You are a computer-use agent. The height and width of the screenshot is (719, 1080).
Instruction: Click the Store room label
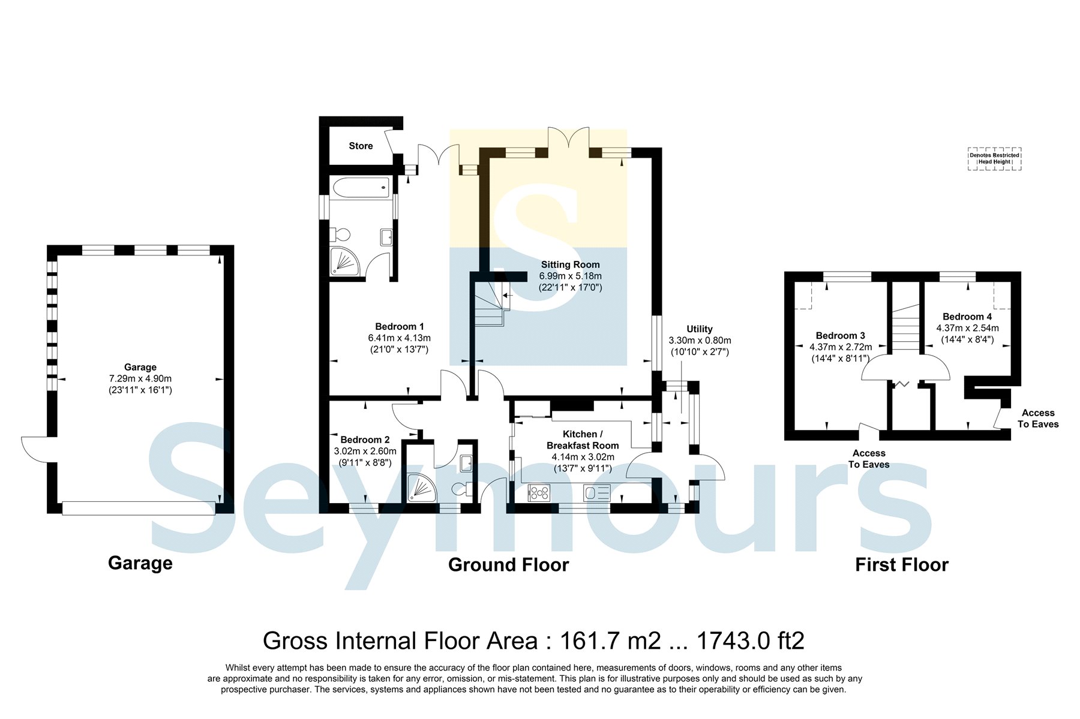click(361, 146)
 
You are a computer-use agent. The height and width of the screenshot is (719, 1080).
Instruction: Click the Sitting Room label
click(570, 264)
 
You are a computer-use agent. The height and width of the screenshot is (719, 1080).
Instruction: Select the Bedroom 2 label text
click(365, 440)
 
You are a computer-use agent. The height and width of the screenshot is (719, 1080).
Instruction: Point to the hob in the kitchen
click(539, 493)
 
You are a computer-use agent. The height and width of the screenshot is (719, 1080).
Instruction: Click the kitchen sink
click(597, 493)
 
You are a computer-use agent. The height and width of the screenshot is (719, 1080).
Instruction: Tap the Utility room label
click(700, 329)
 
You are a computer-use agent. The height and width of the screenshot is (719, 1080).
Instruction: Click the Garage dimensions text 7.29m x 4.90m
click(140, 378)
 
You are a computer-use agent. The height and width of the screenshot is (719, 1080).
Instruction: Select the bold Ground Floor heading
click(508, 565)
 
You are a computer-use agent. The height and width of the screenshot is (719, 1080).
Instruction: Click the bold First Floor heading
click(902, 565)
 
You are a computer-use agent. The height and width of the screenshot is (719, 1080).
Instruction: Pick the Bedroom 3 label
click(840, 336)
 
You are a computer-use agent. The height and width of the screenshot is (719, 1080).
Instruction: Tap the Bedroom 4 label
click(967, 317)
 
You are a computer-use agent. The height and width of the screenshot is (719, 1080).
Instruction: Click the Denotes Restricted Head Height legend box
click(994, 159)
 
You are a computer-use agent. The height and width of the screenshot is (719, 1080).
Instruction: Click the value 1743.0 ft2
click(750, 641)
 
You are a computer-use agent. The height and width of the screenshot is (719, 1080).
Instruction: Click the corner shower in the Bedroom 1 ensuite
click(346, 263)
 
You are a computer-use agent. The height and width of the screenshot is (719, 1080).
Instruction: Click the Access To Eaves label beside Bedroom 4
click(1038, 419)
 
